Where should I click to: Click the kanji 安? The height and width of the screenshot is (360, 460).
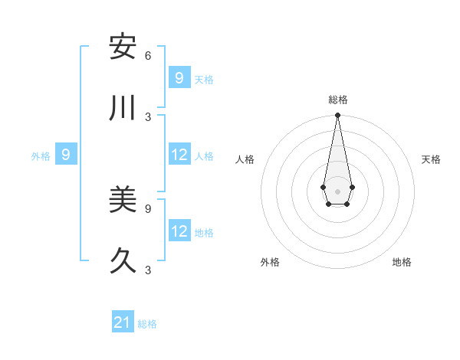click(123, 47)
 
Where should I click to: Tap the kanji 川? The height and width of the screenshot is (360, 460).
click(123, 108)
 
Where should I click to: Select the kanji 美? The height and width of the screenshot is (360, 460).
click(123, 201)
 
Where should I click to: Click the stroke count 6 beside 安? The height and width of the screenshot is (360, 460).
click(148, 55)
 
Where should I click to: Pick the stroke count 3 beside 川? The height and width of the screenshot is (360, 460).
click(148, 116)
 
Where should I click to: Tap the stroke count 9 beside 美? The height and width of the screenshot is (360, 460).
click(148, 208)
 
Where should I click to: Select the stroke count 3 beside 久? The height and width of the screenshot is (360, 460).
click(148, 270)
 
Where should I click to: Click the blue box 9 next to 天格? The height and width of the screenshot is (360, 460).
click(179, 77)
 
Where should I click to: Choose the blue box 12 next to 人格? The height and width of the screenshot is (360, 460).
click(179, 155)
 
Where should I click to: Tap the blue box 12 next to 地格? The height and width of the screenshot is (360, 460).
click(179, 231)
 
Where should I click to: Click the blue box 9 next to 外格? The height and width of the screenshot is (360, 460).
click(66, 155)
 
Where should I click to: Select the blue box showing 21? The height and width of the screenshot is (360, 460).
click(123, 322)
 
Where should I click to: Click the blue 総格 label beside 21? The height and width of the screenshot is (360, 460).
click(147, 324)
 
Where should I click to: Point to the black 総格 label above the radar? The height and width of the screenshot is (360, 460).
click(338, 100)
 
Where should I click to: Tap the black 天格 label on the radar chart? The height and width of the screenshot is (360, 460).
click(431, 159)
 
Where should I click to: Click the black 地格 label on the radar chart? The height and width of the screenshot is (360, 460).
click(402, 262)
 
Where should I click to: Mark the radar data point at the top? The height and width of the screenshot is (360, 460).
click(337, 116)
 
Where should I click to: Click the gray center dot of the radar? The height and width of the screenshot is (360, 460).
click(337, 191)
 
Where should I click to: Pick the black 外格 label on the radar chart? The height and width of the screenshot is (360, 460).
click(270, 262)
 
